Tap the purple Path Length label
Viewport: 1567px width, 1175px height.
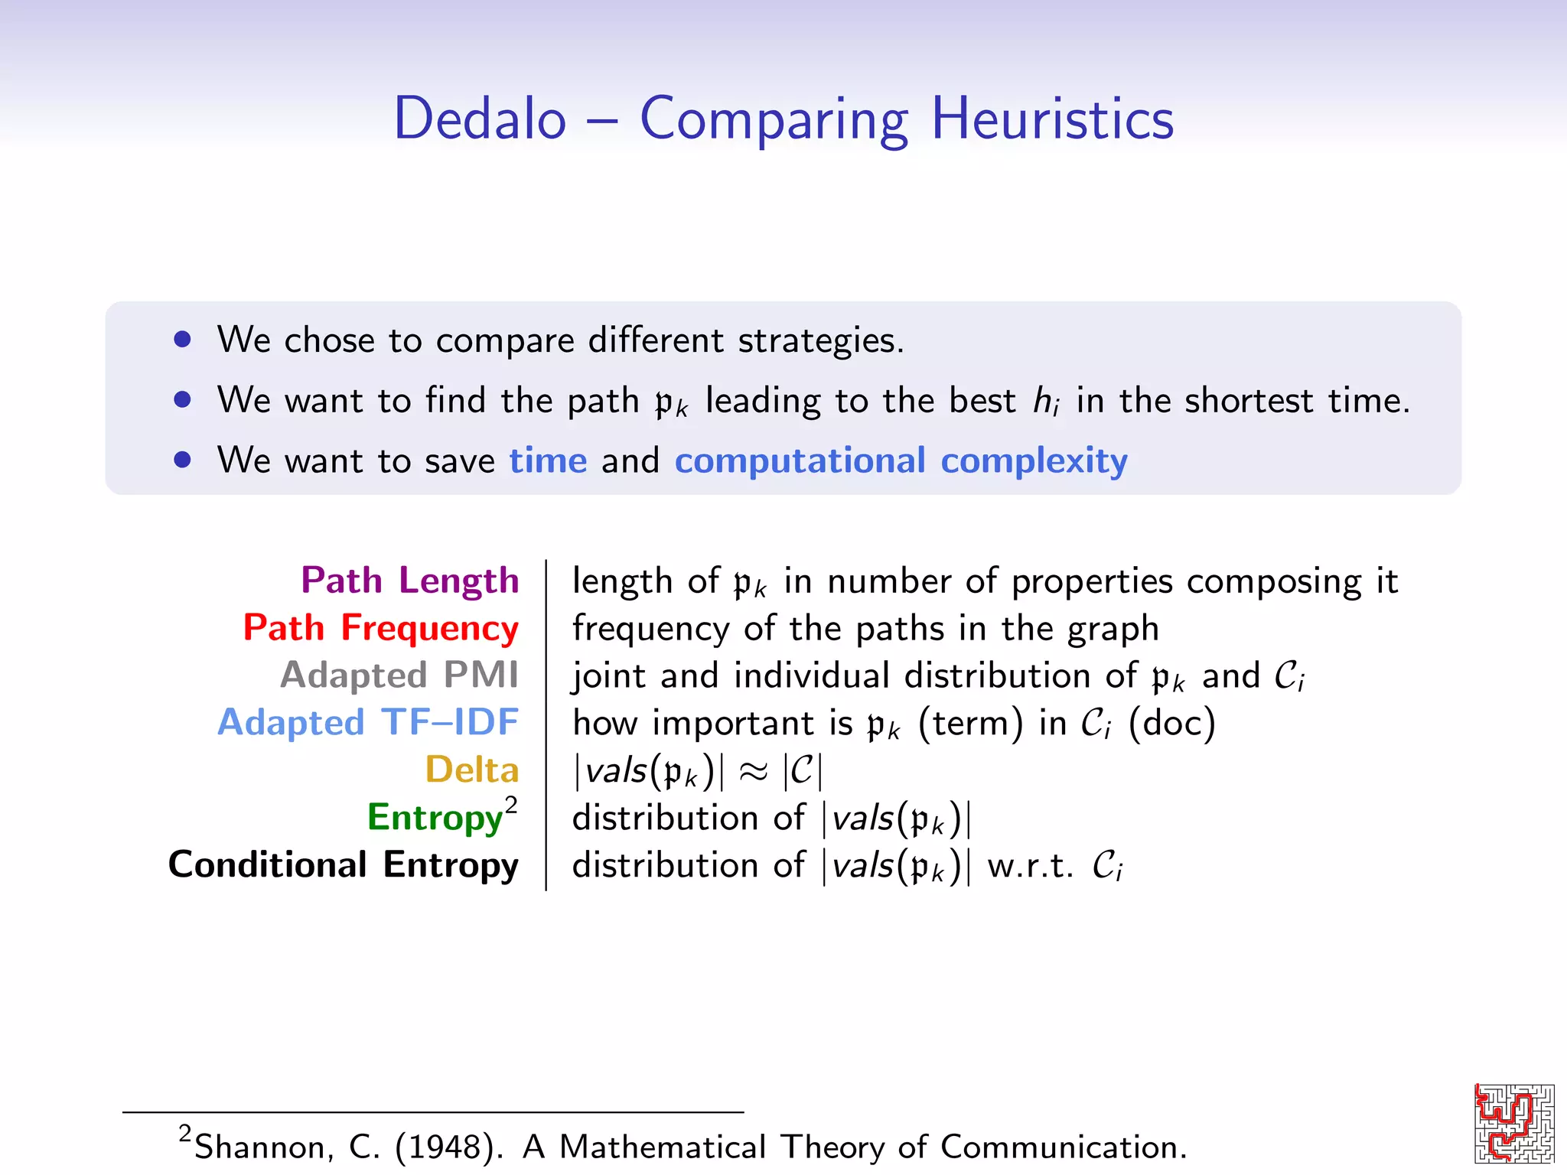pyautogui.click(x=410, y=581)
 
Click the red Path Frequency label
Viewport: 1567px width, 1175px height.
pyautogui.click(x=381, y=628)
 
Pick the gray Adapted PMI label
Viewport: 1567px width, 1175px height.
pyautogui.click(x=399, y=675)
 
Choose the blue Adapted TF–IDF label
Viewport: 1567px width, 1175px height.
pyautogui.click(x=368, y=723)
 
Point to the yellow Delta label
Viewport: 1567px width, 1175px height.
pyautogui.click(x=472, y=770)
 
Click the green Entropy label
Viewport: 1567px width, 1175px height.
pyautogui.click(x=435, y=817)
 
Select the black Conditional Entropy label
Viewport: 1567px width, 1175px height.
pyautogui.click(x=344, y=864)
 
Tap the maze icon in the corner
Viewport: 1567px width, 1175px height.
pyautogui.click(x=1514, y=1123)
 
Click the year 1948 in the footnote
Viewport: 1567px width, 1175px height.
pyautogui.click(x=448, y=1147)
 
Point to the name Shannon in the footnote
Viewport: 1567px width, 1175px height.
pyautogui.click(x=264, y=1147)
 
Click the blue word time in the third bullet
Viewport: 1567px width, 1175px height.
pyautogui.click(x=548, y=461)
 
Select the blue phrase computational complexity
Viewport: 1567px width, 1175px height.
pyautogui.click(x=901, y=461)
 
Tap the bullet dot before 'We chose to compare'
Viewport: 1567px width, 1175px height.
pyautogui.click(x=182, y=339)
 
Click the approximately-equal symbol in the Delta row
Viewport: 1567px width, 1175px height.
pyautogui.click(x=753, y=771)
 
